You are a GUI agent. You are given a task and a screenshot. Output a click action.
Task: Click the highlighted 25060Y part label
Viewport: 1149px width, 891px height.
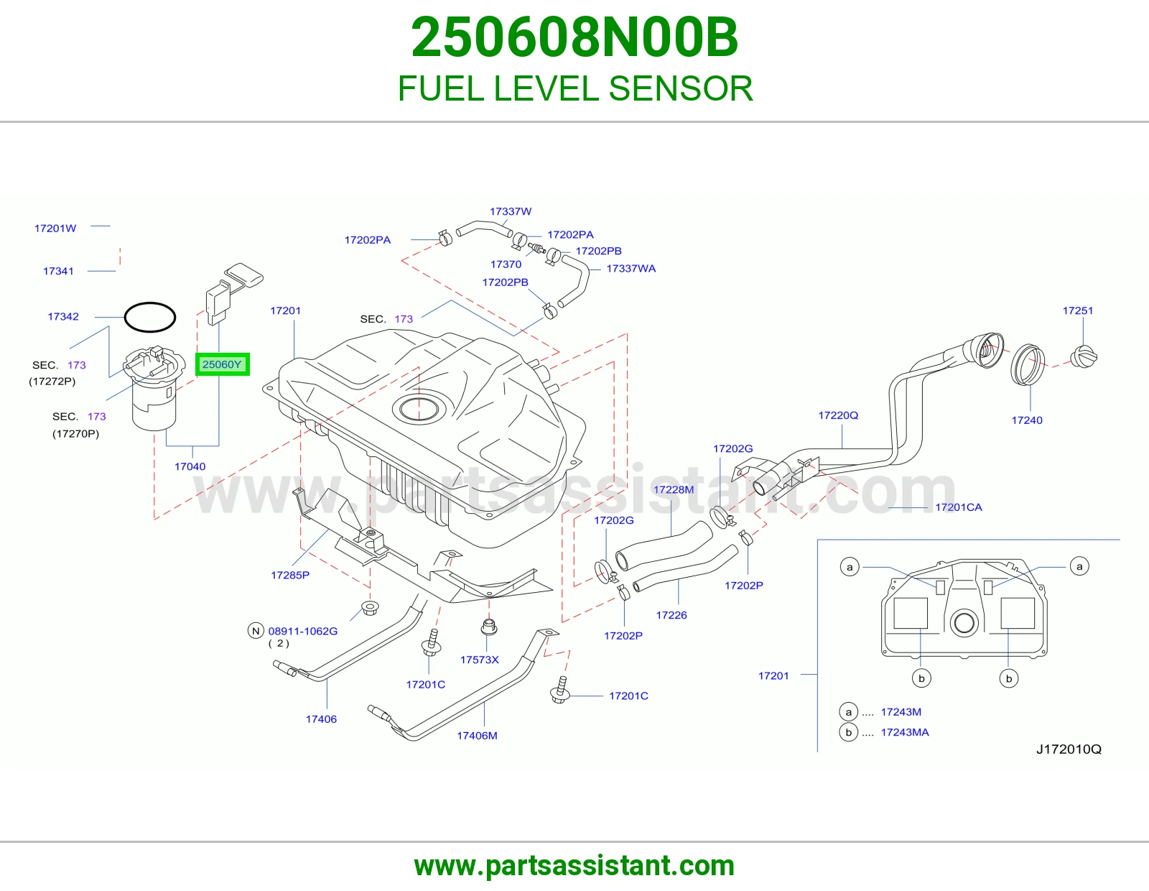222,364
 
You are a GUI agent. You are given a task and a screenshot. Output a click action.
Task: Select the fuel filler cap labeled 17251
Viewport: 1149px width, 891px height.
1084,356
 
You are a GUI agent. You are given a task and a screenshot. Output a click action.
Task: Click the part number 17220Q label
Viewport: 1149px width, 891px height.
838,415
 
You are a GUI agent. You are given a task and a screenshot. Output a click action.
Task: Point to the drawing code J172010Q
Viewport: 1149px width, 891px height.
1069,749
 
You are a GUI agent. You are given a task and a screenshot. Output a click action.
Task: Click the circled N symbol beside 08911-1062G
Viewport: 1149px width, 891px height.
256,631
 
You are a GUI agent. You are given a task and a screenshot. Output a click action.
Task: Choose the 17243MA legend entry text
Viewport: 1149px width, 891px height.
905,732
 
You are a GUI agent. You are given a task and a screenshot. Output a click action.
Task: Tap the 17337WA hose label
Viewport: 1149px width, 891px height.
631,269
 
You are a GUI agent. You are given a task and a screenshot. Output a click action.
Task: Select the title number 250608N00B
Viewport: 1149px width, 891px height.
574,37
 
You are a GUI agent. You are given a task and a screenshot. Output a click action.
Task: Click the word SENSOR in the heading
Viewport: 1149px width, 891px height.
681,88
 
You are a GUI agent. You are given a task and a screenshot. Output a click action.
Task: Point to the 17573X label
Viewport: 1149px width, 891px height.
480,660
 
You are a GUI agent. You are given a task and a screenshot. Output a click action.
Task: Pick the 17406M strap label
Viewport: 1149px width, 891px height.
477,736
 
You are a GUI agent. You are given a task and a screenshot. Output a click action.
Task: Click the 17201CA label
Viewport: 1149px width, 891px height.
959,507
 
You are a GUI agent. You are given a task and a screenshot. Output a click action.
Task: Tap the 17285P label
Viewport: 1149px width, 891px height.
290,575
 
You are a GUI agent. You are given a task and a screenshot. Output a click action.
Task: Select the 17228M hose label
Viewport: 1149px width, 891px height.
674,490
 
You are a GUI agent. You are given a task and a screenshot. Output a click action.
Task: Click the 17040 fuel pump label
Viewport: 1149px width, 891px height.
190,466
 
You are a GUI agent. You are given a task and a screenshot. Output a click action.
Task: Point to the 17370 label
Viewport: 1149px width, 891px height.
506,264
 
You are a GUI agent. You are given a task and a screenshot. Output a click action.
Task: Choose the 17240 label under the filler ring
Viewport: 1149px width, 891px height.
1027,420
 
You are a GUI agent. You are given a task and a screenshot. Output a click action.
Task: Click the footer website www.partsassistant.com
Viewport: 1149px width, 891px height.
574,866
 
